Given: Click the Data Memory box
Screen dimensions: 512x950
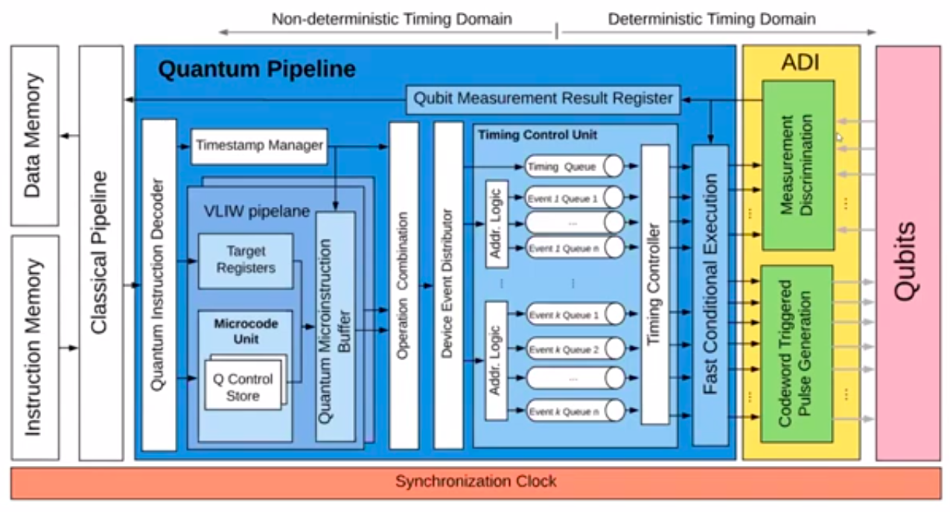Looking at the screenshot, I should (x=34, y=135).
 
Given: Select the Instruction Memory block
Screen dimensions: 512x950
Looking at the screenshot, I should (x=34, y=348).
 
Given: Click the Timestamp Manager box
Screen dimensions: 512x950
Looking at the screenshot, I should (x=259, y=146).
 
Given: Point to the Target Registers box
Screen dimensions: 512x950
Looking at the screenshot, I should (x=246, y=260).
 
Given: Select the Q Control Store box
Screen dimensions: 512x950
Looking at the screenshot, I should (x=243, y=387).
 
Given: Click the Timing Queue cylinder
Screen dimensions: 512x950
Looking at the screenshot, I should (x=573, y=167).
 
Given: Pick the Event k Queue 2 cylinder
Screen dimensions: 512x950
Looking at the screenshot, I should (x=573, y=349).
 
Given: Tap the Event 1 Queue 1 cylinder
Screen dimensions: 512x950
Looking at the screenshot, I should (x=573, y=199).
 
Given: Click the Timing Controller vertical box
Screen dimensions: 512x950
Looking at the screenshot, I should (x=655, y=284).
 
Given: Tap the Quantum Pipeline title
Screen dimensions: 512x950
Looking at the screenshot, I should (x=257, y=70).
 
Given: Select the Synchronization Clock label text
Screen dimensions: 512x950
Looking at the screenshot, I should (x=475, y=481).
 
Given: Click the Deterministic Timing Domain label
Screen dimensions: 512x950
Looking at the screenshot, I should (x=711, y=19).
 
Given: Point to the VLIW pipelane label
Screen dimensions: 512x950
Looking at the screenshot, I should (x=256, y=211).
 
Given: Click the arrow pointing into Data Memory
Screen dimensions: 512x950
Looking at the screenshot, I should (x=68, y=135).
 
